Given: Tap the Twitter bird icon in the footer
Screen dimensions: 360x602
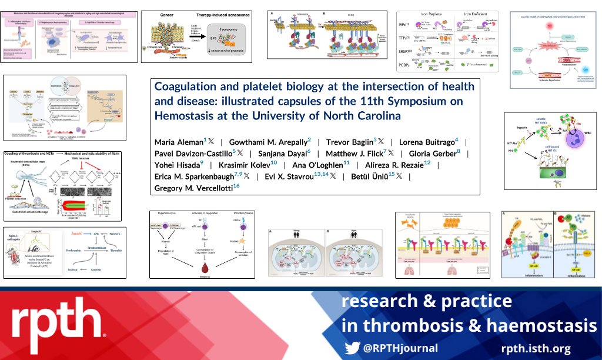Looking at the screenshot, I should (x=352, y=348).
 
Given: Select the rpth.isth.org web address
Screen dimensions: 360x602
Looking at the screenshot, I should (x=536, y=348).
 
